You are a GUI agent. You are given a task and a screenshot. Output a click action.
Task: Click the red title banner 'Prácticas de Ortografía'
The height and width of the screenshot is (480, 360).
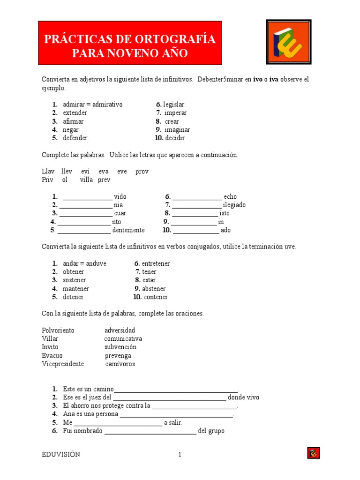point(130,43)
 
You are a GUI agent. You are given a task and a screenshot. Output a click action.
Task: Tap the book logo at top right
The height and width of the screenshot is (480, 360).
point(288,42)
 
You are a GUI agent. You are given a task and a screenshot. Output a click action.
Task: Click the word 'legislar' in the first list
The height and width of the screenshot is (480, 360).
point(173,105)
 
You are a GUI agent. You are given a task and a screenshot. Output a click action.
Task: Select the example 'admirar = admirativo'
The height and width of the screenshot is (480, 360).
point(92,105)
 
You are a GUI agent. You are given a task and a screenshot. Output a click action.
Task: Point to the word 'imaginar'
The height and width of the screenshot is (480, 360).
point(177,130)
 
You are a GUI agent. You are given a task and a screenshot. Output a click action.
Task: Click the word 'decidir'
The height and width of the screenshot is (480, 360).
point(175,138)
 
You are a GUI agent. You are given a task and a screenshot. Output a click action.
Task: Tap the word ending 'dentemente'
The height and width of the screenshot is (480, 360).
point(128,230)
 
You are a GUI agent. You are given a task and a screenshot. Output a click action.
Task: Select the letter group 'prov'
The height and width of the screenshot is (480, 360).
point(142,172)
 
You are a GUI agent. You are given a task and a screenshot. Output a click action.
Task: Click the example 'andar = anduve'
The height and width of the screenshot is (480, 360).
point(84,263)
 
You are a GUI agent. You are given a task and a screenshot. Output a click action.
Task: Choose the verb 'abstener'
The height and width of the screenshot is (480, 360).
point(154,289)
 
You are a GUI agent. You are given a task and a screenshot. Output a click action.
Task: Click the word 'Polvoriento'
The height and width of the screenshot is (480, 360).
point(58,330)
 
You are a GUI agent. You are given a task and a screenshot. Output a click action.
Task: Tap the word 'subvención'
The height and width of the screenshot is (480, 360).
point(120,347)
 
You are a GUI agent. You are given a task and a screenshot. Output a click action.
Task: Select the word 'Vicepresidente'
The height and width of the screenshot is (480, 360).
point(63,364)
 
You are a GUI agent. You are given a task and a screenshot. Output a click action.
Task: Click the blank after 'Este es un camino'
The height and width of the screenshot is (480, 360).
point(176,390)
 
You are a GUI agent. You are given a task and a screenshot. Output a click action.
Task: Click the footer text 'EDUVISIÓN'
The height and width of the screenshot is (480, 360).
point(61,454)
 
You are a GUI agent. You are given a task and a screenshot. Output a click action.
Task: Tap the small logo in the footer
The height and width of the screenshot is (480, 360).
point(314,453)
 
